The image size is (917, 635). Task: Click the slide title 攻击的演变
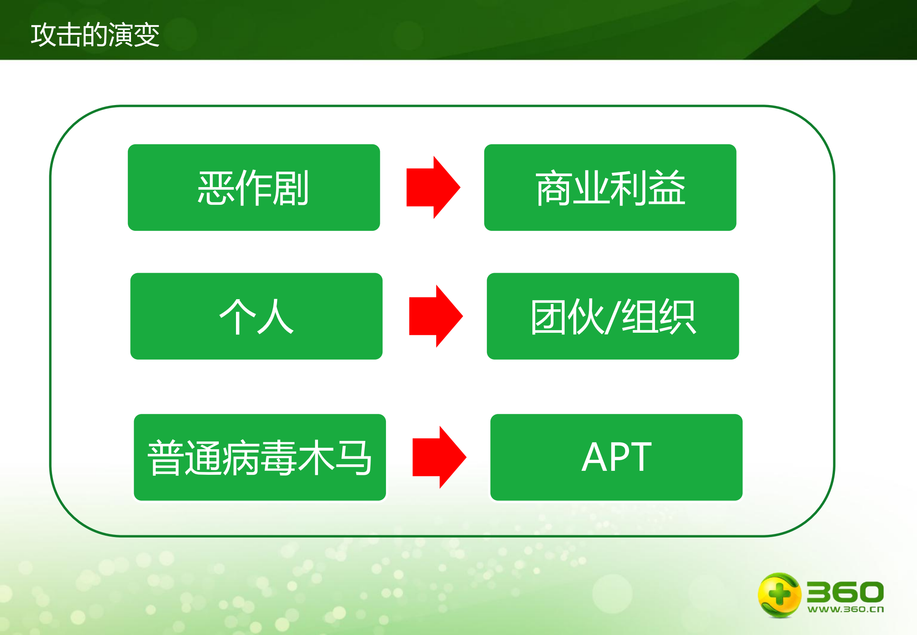95,35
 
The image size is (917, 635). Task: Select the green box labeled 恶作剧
254,187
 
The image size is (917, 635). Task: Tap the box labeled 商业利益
610,187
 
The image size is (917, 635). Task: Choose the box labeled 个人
256,316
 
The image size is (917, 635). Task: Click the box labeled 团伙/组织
613,316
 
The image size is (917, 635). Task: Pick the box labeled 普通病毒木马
260,457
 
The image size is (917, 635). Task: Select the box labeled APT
616,457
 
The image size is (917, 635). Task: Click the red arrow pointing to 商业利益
433,187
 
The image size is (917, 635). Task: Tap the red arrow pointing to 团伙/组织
435,316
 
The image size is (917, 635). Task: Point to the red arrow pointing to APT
439,457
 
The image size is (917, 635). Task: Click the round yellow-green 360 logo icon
779,594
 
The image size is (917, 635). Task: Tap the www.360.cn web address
845,609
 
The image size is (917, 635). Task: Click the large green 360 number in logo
845,592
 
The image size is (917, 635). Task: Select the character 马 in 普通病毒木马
353,458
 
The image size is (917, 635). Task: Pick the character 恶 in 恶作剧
216,188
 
